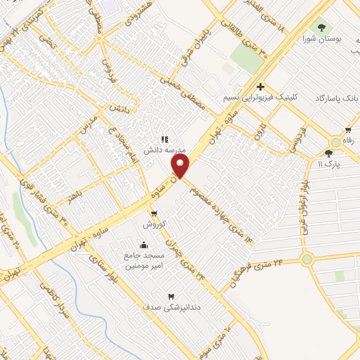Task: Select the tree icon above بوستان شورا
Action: tap(322, 28)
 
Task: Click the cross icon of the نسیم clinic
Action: tap(260, 86)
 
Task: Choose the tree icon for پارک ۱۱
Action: tap(328, 153)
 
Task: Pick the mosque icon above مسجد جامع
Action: tap(143, 245)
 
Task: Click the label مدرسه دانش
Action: tap(164, 150)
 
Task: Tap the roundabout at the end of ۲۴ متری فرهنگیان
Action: tap(307, 259)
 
